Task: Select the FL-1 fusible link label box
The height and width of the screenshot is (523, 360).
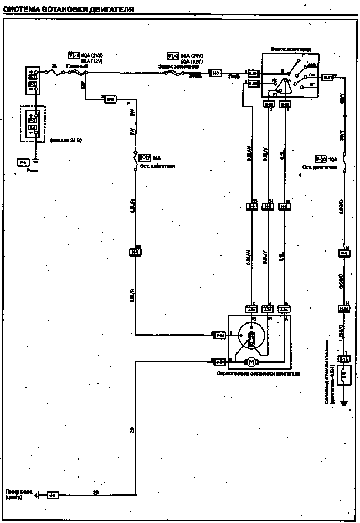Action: coord(74,55)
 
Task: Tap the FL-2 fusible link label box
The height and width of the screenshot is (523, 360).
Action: coord(173,55)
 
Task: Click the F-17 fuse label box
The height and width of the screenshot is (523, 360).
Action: coord(144,157)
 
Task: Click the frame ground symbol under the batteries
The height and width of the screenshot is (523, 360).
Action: coord(36,161)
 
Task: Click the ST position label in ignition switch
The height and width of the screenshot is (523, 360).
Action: coord(312,85)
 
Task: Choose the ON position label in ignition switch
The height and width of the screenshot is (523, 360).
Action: coord(311,75)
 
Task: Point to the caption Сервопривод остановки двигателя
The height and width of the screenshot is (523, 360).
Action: coord(259,374)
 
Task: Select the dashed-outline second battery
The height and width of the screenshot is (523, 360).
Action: coord(33,124)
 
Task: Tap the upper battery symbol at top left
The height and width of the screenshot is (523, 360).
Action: coord(33,78)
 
